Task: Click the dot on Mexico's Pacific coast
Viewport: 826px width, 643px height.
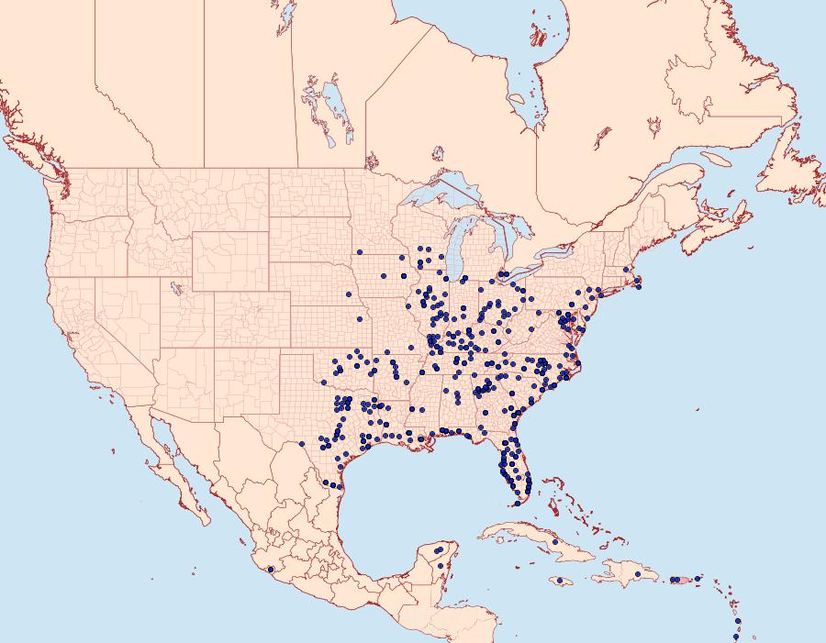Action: (270, 570)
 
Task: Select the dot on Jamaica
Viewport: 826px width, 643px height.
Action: (559, 581)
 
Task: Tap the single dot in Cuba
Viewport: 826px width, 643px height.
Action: (554, 542)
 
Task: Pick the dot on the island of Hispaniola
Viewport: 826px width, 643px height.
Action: (633, 576)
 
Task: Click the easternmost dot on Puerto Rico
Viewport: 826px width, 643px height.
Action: (698, 579)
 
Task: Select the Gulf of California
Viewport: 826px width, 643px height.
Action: (184, 459)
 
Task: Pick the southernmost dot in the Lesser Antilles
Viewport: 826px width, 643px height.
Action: (736, 637)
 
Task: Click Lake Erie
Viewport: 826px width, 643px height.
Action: (519, 285)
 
